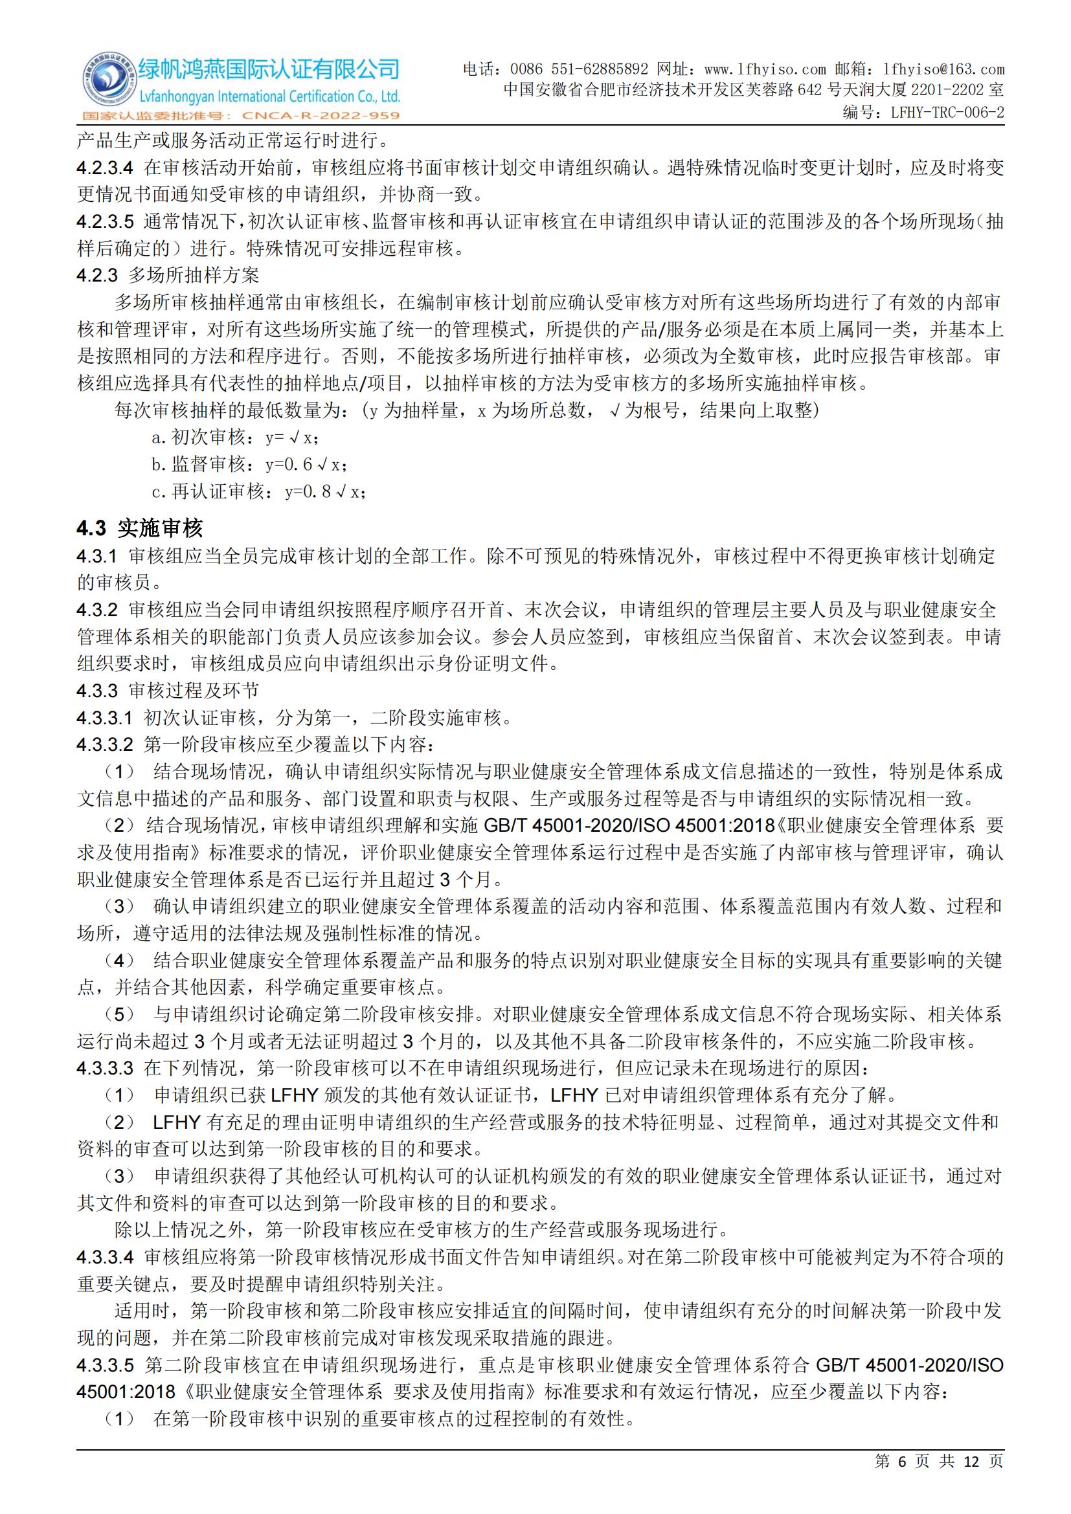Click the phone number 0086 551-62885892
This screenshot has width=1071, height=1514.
pos(579,69)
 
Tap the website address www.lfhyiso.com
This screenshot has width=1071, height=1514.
pos(765,69)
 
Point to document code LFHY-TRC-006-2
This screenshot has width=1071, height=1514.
pos(947,112)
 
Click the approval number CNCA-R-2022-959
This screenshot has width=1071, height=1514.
pos(321,116)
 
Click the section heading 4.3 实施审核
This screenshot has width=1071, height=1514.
pos(140,528)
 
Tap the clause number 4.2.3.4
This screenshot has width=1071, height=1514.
pos(105,168)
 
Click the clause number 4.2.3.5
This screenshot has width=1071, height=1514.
pos(105,221)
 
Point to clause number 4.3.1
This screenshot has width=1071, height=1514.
pos(97,556)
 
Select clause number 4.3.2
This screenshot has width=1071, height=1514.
pos(97,610)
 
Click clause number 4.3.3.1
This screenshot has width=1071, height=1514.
pos(105,717)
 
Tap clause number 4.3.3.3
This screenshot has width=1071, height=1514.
pos(105,1067)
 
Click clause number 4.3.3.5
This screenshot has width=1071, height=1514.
pos(105,1364)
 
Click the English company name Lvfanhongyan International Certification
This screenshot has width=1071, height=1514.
pos(269,97)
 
